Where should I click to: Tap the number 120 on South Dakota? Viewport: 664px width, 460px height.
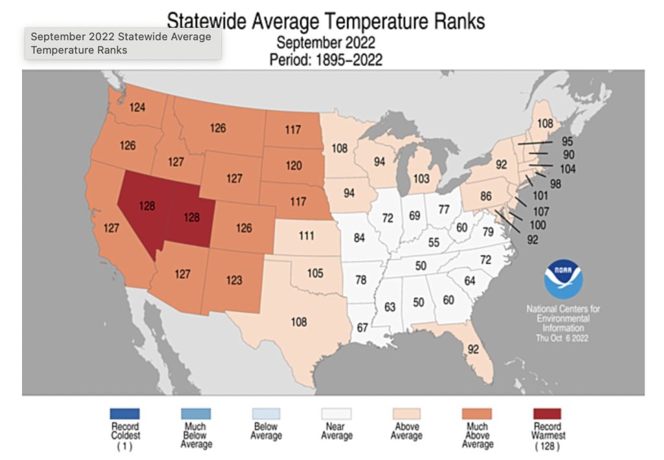[x=294, y=165]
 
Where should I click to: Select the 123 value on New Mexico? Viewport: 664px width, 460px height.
[x=234, y=280]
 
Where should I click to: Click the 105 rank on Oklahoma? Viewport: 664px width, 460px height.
[x=315, y=273]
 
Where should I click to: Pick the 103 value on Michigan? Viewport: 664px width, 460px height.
[x=421, y=178]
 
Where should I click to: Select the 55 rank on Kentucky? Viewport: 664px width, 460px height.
[x=434, y=242]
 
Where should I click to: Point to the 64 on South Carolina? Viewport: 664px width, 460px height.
[x=470, y=280]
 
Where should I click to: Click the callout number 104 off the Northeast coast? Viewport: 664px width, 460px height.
[x=568, y=169]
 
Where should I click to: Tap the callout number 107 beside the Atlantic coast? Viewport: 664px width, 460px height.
[x=540, y=212]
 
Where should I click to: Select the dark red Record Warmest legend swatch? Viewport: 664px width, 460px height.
[x=547, y=414]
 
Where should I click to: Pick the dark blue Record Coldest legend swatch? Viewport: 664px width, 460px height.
[x=124, y=414]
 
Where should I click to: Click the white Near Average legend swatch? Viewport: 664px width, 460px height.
[x=336, y=414]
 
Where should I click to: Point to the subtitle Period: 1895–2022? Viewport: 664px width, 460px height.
[x=326, y=60]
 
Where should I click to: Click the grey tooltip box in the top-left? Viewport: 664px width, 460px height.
[x=123, y=43]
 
